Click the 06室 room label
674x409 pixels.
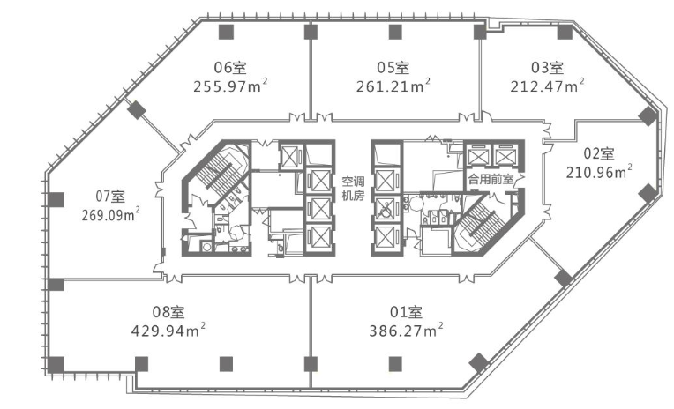[x=230, y=68]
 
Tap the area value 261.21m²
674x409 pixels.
[x=393, y=86]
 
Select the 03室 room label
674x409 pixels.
[x=547, y=68]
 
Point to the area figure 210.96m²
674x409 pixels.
[x=599, y=172]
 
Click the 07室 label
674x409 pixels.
[x=110, y=197]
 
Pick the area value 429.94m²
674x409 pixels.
[x=168, y=331]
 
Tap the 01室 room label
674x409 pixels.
[x=406, y=312]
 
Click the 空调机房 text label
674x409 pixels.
[x=353, y=189]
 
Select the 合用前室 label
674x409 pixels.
[x=491, y=179]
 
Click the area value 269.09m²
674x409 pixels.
[x=111, y=215]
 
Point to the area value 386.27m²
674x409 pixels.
[x=406, y=331]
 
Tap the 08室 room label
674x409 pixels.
[x=168, y=312]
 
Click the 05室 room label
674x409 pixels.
[x=393, y=68]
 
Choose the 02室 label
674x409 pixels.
[x=599, y=153]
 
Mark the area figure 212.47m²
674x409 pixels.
[x=547, y=86]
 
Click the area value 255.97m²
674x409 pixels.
[x=230, y=86]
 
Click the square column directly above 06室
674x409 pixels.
[x=226, y=32]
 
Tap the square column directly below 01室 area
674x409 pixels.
[x=395, y=364]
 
